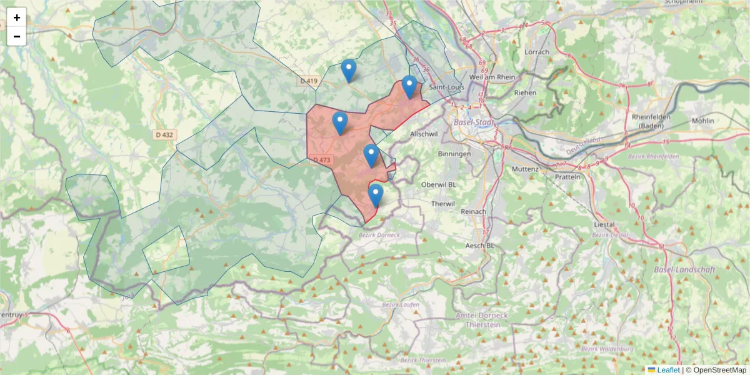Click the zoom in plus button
point(17,17)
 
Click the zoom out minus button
point(17,36)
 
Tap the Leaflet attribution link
point(668,370)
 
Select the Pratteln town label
point(567,177)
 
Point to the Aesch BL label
point(480,246)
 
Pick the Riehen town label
point(525,92)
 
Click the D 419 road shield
point(309,81)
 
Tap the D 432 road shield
point(164,134)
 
